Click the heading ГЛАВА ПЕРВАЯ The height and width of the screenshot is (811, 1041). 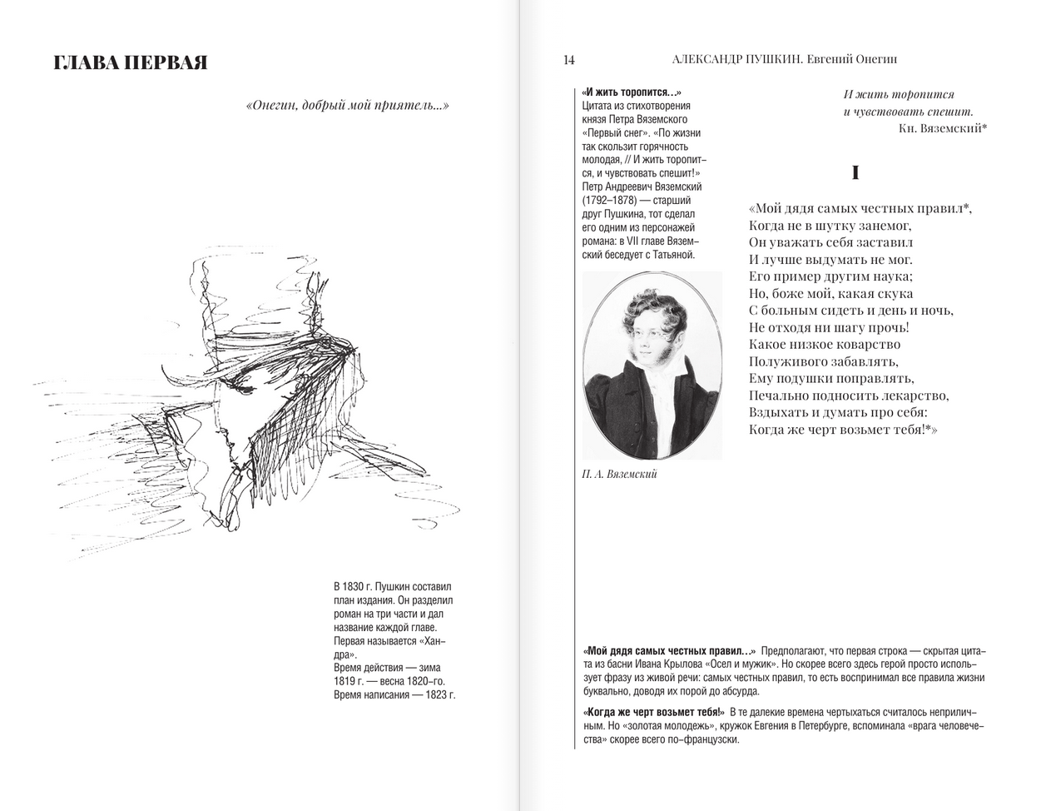tap(130, 63)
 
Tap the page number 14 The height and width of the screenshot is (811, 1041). tap(568, 59)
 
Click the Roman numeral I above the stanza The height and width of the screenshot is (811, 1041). tap(855, 173)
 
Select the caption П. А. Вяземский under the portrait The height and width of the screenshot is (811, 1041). tap(620, 474)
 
